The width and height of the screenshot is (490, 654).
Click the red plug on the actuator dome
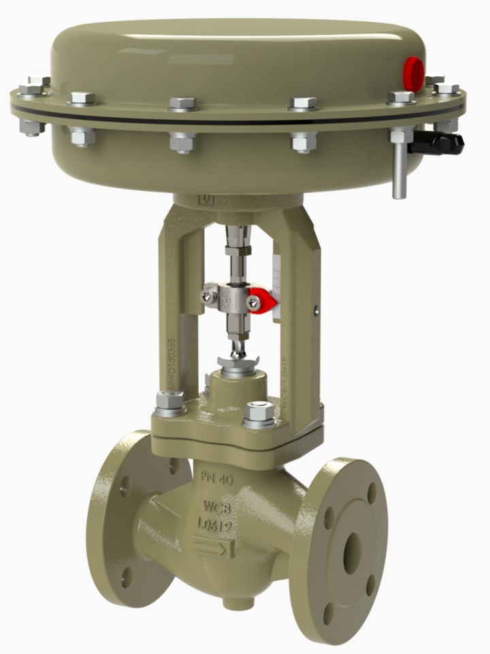pyautogui.click(x=413, y=70)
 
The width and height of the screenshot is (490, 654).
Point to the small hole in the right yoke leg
pyautogui.click(x=315, y=311)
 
